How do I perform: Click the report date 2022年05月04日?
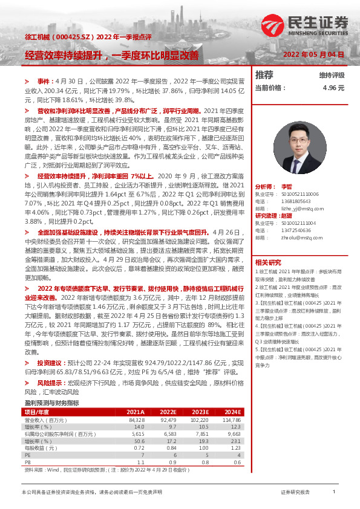315,54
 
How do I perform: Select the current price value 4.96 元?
333,88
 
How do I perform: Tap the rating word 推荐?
264,76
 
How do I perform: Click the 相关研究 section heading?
267,262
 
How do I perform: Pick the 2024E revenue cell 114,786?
231,419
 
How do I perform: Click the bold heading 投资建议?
49,363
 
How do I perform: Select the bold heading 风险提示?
49,383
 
